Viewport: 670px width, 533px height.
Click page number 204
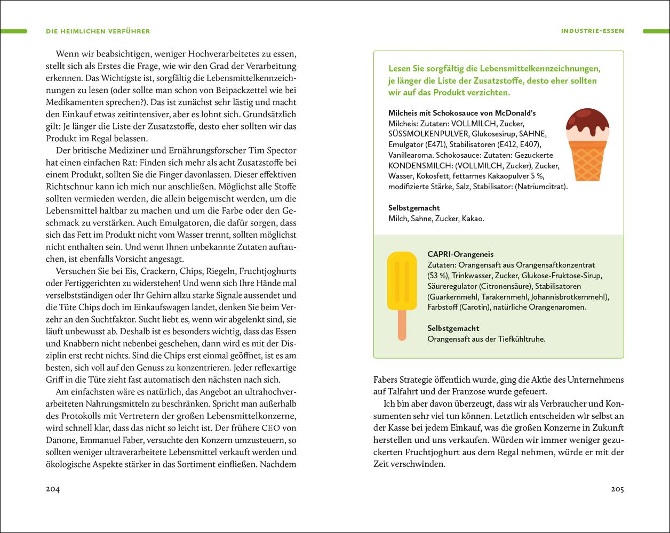pos(52,489)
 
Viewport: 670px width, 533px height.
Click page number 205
pos(617,489)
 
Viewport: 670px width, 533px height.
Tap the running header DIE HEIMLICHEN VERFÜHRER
pos(98,31)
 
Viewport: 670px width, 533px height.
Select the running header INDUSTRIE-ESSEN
pos(592,31)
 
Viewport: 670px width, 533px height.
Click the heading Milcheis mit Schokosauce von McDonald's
pos(462,113)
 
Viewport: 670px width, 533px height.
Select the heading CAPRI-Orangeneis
pos(460,255)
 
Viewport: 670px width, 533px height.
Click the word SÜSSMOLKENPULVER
pos(429,134)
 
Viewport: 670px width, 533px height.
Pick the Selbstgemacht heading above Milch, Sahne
pos(414,208)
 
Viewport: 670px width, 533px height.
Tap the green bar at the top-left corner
pos(13,31)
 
